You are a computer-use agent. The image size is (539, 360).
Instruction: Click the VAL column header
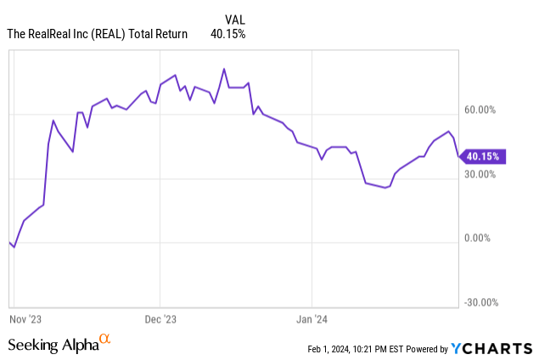pos(236,18)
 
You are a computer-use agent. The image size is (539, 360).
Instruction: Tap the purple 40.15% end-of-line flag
pos(483,156)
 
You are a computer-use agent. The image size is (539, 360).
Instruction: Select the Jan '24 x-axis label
pos(312,319)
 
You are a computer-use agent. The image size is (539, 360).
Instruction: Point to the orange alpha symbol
pos(104,340)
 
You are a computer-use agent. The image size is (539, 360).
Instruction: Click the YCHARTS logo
pos(491,348)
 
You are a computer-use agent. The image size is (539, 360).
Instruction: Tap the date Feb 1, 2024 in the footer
pos(333,349)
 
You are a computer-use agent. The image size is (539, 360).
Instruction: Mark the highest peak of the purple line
pos(223,69)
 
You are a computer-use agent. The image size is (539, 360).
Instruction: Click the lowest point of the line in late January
pos(385,188)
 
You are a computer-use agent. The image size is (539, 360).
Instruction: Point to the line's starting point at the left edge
pos(9,242)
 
